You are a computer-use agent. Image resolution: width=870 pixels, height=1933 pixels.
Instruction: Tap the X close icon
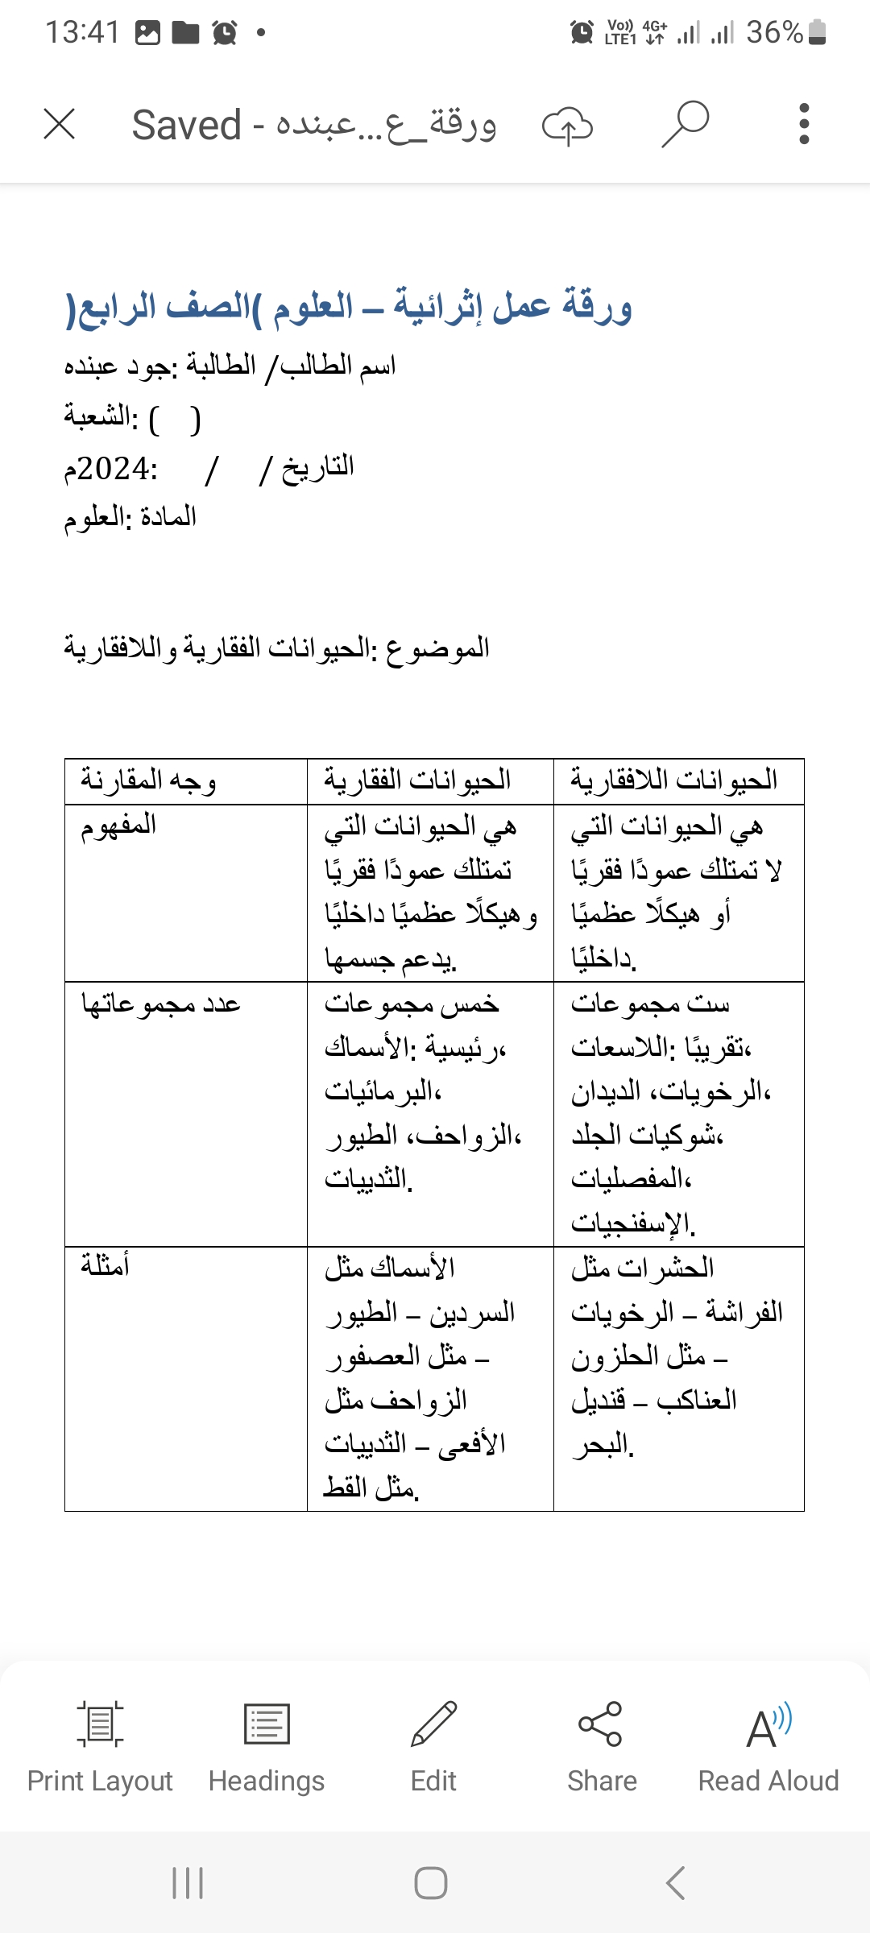pos(60,125)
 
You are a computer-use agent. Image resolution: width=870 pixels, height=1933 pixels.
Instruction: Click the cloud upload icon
pos(567,126)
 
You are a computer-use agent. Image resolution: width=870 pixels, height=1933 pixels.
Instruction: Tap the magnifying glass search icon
pos(686,124)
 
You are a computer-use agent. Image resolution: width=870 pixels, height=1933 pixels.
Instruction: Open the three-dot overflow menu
pos(803,124)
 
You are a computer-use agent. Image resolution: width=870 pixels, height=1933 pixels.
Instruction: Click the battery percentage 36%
pos(774,32)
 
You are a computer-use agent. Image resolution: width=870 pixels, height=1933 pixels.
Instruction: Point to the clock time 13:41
pos(82,32)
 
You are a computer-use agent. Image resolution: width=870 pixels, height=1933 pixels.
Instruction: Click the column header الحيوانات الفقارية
pos(417,780)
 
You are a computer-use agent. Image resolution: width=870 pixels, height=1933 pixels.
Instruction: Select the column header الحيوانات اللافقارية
pos(673,780)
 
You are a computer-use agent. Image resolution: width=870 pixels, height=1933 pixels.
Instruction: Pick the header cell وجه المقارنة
pos(148,780)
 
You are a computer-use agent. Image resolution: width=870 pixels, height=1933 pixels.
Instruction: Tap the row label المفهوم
pos(118,826)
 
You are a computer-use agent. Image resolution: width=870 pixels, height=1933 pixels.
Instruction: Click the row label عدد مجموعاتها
pos(161,1004)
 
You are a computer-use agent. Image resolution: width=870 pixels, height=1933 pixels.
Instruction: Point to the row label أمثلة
pos(105,1267)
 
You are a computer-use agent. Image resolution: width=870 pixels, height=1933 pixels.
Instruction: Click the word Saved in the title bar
pos(186,126)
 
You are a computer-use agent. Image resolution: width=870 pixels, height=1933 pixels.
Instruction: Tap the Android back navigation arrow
pos(676,1883)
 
